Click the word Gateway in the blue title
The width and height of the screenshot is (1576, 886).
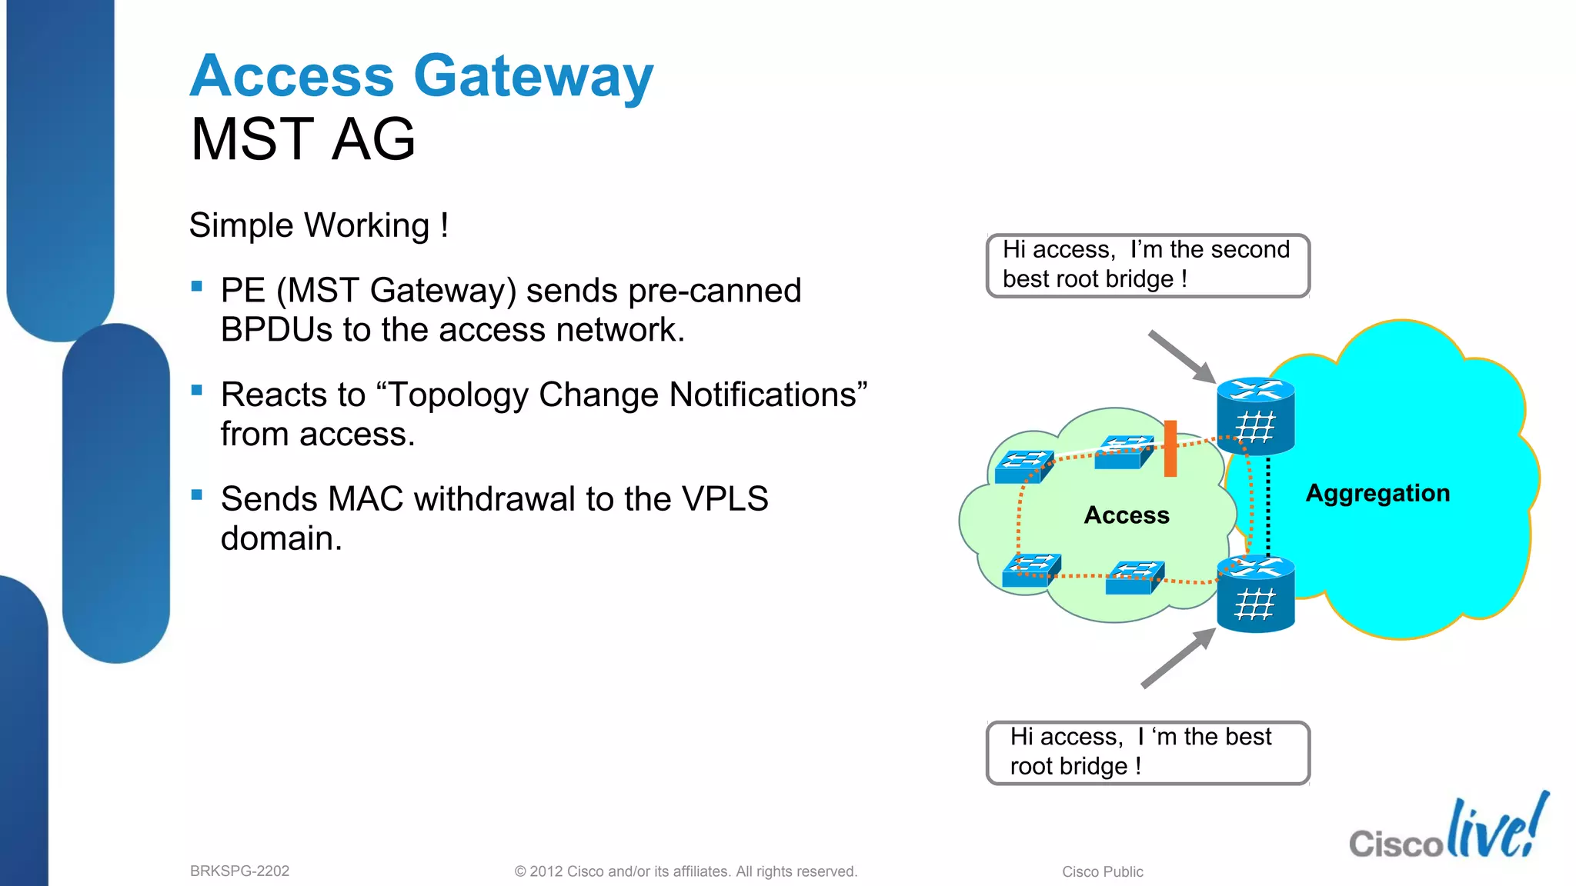pos(533,77)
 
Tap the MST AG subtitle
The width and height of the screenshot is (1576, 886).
pos(302,139)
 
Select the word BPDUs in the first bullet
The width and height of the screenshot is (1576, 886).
pos(275,330)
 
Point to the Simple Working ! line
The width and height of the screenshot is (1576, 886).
pos(318,226)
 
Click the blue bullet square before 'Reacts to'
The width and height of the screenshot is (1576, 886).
pos(197,390)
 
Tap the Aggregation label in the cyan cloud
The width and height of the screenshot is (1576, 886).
pos(1377,493)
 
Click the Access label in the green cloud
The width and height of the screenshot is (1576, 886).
pos(1127,515)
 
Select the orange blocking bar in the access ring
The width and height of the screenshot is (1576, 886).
pos(1170,448)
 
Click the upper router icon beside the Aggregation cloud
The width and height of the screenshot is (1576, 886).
pos(1256,415)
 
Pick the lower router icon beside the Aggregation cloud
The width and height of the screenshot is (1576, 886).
pos(1256,594)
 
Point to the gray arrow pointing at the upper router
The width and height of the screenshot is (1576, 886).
pos(1180,356)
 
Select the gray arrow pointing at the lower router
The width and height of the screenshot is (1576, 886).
pos(1177,658)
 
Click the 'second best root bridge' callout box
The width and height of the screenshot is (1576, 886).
pos(1147,265)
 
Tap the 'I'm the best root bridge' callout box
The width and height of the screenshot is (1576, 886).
pos(1147,752)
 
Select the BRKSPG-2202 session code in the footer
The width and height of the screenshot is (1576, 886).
pos(239,871)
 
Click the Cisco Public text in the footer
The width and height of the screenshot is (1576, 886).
pos(1102,871)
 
